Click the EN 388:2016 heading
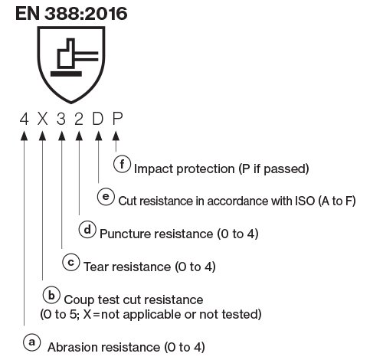point(65,14)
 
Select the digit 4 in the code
point(25,119)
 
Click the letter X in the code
point(43,119)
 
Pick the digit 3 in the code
point(61,119)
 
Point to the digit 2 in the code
point(80,119)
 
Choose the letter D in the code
point(98,119)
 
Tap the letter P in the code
point(116,119)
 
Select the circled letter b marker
point(50,294)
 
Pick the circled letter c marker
point(70,262)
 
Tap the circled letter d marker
point(88,229)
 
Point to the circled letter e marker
point(106,196)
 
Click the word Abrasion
point(71,347)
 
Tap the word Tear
point(95,267)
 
